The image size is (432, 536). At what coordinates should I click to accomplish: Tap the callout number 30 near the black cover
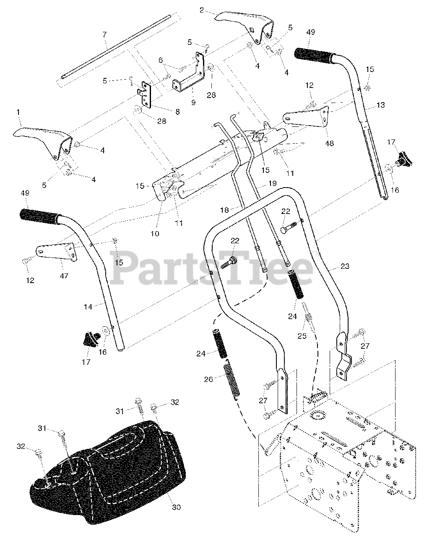176,507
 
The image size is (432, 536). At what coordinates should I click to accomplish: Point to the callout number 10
155,234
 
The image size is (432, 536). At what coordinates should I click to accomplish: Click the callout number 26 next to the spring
208,379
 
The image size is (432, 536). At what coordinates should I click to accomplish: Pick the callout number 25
301,335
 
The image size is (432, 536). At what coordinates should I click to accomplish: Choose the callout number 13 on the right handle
380,105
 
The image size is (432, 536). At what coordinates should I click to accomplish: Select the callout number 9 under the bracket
193,102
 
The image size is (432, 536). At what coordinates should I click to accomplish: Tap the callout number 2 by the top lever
202,10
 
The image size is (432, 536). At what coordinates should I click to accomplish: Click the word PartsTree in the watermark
212,267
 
